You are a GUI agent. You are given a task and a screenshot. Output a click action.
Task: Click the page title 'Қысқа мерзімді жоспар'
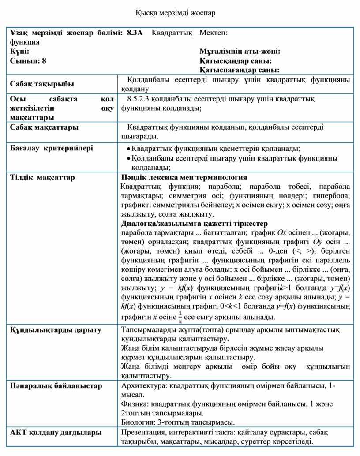click(x=180, y=13)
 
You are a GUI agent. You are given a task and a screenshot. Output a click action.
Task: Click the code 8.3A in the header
click(x=135, y=33)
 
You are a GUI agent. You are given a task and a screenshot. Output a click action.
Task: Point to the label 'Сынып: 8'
click(x=28, y=61)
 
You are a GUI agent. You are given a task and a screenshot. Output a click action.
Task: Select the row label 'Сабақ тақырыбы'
click(x=42, y=84)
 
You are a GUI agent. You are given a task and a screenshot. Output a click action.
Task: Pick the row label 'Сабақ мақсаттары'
click(x=44, y=127)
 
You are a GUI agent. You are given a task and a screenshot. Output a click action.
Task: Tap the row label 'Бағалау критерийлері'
click(x=51, y=148)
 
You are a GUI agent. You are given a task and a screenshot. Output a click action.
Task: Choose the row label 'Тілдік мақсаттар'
click(x=42, y=177)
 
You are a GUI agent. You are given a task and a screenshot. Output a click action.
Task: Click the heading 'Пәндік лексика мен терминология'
click(x=184, y=177)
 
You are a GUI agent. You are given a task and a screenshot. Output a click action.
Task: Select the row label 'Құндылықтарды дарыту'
click(x=56, y=329)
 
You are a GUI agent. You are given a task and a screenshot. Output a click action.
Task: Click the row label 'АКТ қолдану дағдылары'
click(x=56, y=432)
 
